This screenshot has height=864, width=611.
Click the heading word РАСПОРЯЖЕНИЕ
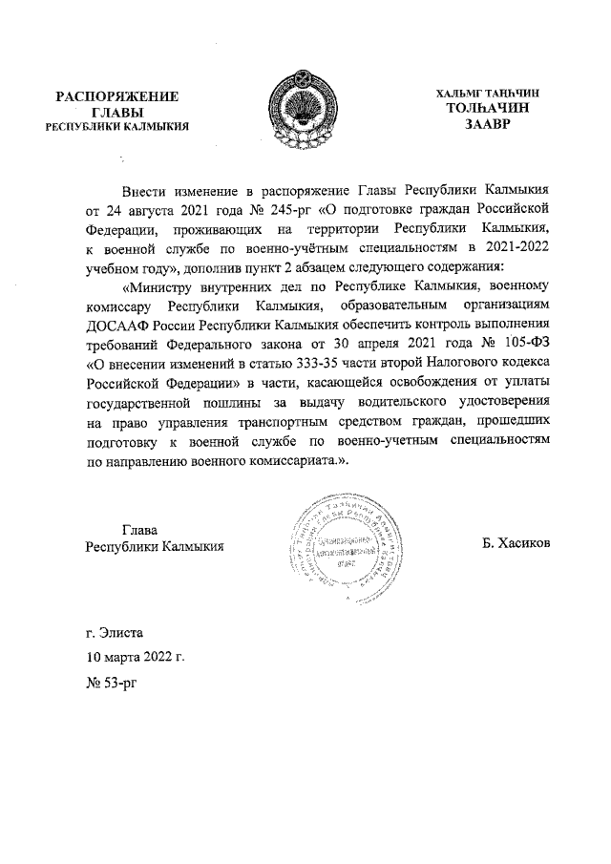coord(117,96)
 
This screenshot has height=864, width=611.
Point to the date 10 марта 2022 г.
coord(135,658)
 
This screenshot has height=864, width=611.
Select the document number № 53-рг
coord(113,684)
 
